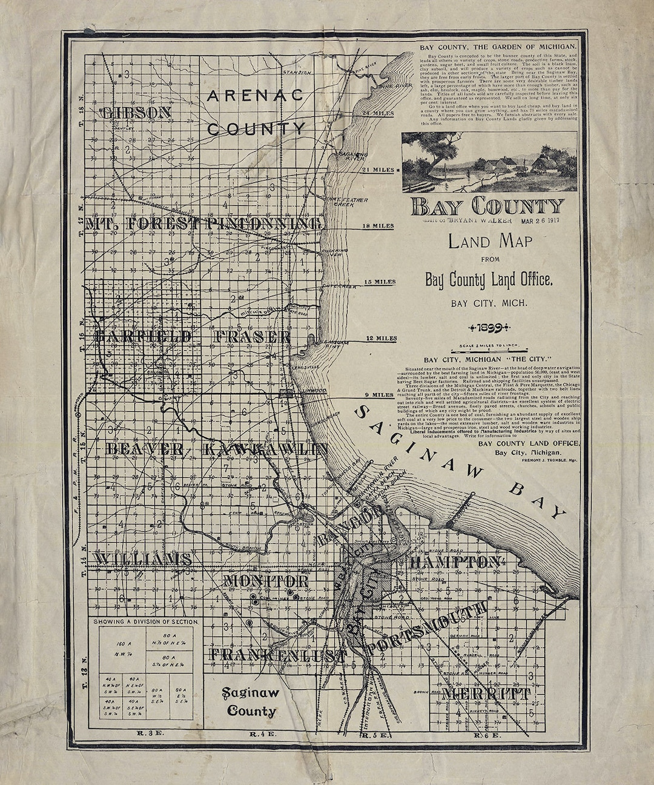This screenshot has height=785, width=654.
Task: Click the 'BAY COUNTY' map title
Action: point(487,207)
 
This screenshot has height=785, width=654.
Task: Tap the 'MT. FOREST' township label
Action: point(142,224)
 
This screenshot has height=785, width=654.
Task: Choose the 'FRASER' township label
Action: point(252,337)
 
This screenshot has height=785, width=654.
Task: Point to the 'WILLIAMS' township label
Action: point(144,558)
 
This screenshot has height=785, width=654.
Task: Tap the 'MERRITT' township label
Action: point(486,694)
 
